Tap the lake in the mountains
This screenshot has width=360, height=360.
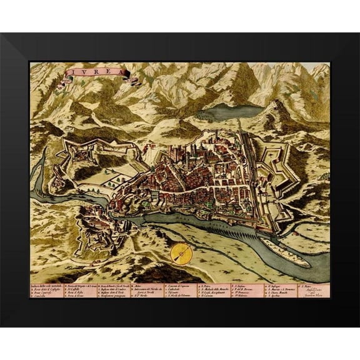point(227,112)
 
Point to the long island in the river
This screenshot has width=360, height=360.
point(284,251)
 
